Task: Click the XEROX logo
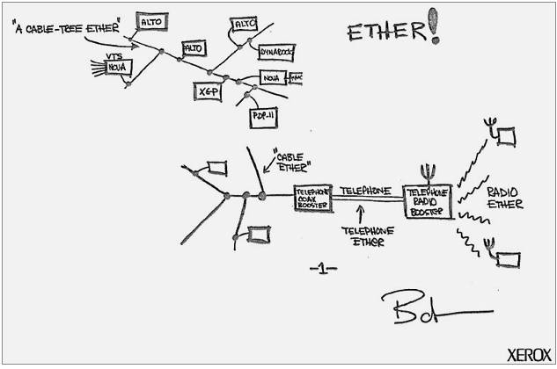pos(529,354)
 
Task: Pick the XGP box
pos(208,90)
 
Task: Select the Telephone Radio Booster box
pos(428,202)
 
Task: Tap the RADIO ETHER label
pos(505,199)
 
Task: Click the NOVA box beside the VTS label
pos(118,67)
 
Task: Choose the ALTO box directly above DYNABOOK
pos(245,25)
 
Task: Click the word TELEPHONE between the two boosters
pos(366,191)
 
